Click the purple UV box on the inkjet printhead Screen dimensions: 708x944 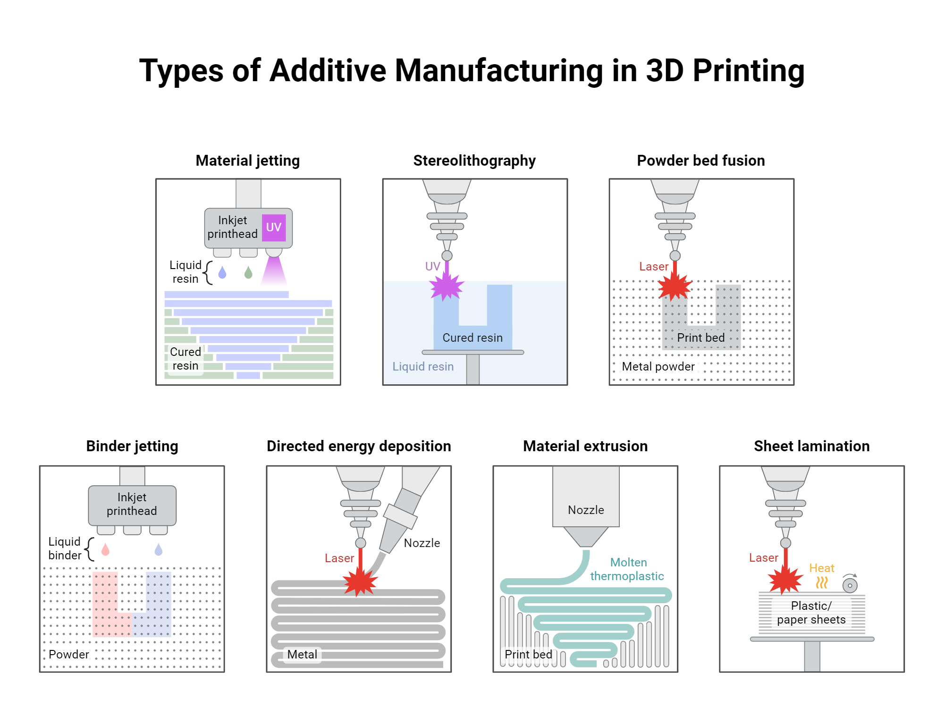(274, 228)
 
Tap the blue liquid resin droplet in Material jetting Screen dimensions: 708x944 (222, 273)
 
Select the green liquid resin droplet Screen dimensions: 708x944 (248, 273)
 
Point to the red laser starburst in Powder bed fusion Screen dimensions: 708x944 (674, 286)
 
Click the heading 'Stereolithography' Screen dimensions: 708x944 (474, 160)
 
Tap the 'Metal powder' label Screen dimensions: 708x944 (658, 366)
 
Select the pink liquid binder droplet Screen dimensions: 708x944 (105, 549)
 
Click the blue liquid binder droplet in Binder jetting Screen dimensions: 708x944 (159, 549)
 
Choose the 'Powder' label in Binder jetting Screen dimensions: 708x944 (69, 654)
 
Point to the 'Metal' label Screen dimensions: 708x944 (302, 654)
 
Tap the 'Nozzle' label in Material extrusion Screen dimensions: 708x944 (586, 510)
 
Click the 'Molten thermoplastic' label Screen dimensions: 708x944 (627, 569)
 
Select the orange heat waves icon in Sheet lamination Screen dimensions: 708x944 (822, 582)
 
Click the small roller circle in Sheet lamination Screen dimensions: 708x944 (850, 585)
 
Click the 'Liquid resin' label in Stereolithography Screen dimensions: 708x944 (423, 366)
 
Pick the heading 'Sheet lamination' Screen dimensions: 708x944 (811, 446)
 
